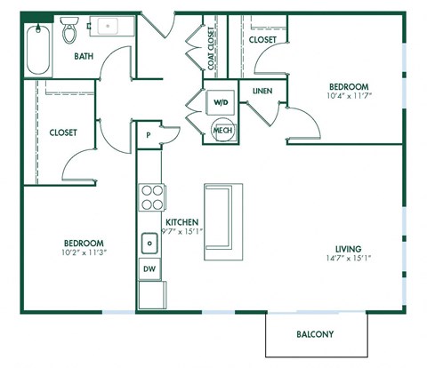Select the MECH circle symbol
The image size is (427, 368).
tap(222, 132)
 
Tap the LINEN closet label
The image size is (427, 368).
tap(262, 91)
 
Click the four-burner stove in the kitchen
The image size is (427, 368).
tap(151, 196)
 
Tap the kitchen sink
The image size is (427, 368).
tap(149, 242)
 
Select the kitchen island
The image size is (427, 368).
tap(222, 219)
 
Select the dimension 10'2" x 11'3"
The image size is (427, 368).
tap(84, 251)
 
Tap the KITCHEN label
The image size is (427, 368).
tap(181, 222)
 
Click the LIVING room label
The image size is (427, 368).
tap(348, 248)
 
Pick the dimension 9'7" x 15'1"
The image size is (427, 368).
tap(181, 232)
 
